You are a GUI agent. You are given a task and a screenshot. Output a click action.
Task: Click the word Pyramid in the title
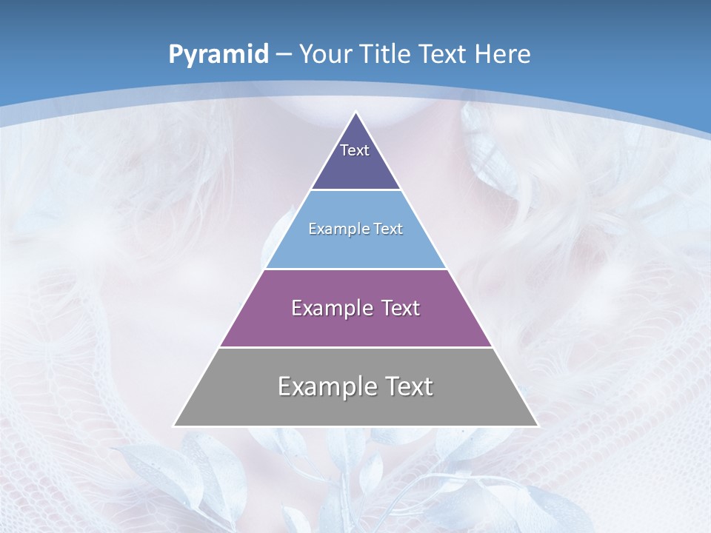[218, 55]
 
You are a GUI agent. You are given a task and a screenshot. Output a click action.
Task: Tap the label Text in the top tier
[355, 150]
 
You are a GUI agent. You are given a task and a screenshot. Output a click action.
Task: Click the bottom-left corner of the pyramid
[173, 426]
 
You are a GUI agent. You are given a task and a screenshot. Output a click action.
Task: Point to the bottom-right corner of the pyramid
[538, 426]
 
